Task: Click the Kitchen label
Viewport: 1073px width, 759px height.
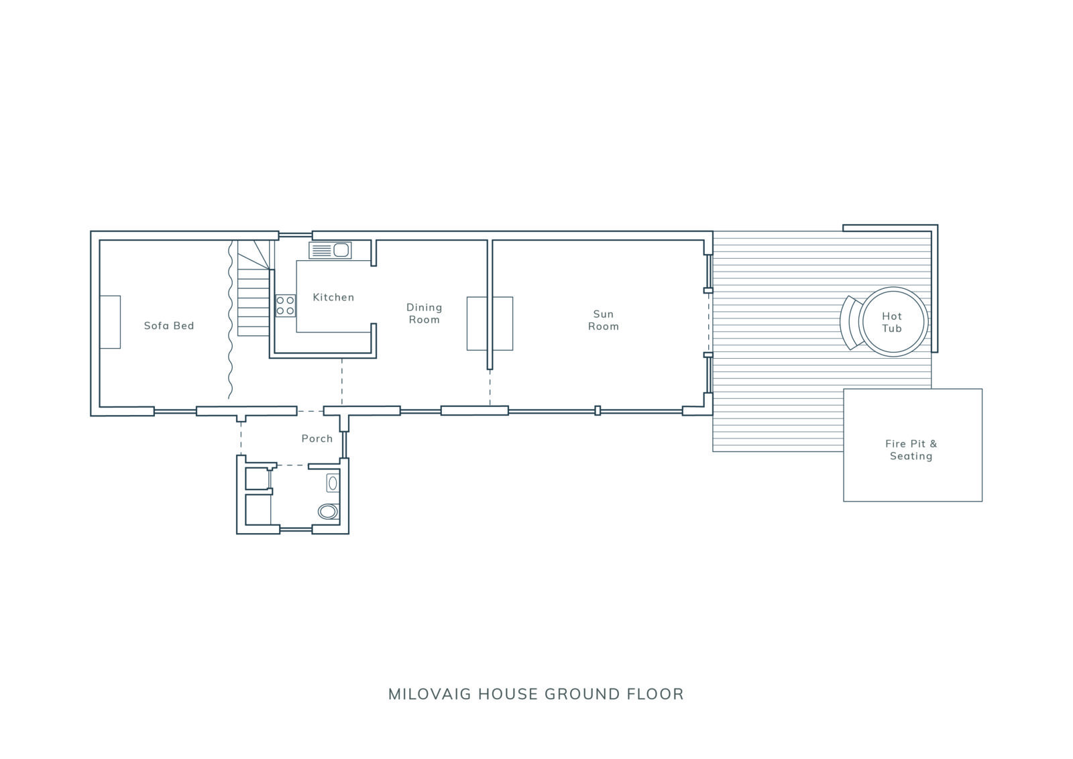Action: click(333, 298)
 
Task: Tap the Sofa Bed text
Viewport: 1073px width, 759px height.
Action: click(169, 326)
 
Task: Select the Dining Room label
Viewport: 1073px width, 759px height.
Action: click(424, 313)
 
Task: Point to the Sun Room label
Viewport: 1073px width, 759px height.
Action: click(603, 320)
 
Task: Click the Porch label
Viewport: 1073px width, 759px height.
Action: click(317, 439)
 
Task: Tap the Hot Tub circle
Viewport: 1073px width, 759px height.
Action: click(893, 322)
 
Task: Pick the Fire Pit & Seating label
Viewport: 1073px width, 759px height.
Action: click(911, 450)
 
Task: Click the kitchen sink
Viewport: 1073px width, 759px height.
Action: click(330, 251)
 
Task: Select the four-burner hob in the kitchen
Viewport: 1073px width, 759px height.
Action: click(286, 306)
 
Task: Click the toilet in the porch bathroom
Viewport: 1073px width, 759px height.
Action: click(329, 512)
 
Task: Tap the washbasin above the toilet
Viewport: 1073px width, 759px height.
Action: click(333, 483)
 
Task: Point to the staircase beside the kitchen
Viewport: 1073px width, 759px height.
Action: click(254, 288)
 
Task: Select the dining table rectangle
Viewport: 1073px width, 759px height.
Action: click(490, 324)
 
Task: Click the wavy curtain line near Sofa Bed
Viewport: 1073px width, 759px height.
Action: click(230, 319)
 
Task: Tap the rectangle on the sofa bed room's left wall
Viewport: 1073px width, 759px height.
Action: click(110, 323)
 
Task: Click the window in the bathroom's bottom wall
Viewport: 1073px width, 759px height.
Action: click(296, 529)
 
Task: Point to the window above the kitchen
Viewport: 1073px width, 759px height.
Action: click(296, 235)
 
